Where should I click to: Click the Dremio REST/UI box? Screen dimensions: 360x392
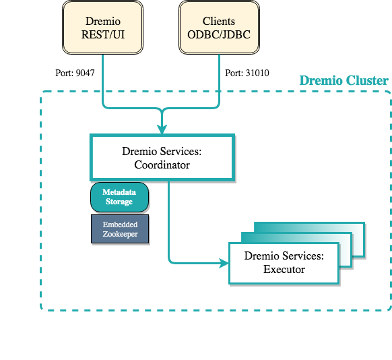(102, 27)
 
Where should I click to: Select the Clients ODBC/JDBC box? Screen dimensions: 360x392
(219, 27)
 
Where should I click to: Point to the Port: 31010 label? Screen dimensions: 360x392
(247, 72)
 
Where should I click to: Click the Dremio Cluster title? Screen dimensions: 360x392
(344, 81)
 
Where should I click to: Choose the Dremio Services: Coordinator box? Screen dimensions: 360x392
(162, 158)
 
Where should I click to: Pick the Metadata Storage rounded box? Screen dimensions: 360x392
(119, 196)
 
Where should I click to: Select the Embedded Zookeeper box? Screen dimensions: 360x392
(119, 229)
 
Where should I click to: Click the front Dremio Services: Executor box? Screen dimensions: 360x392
(284, 263)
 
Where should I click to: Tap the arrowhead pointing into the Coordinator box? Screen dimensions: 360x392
(162, 129)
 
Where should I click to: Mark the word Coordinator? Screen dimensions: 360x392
(162, 164)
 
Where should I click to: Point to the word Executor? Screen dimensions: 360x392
(284, 270)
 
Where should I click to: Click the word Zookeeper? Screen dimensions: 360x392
(119, 235)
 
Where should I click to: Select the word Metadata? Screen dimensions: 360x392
(119, 191)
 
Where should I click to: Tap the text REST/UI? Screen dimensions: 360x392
(102, 34)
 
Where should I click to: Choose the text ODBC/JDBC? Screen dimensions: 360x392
(219, 34)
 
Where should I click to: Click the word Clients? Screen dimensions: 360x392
(219, 21)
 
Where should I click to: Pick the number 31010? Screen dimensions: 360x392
(256, 72)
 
